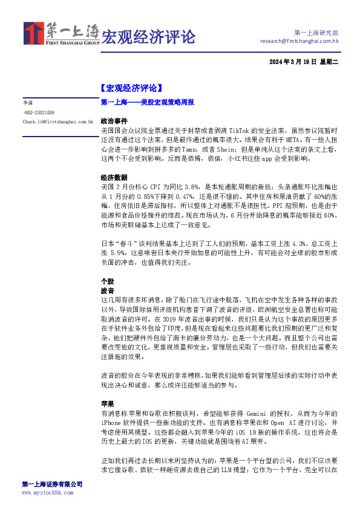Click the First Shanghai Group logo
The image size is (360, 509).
click(x=61, y=35)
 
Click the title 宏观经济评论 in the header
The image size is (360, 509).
click(x=148, y=37)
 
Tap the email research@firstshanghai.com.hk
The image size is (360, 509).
click(x=299, y=41)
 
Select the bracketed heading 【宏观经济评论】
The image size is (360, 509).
click(x=131, y=88)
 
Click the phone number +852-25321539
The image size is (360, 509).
click(x=38, y=112)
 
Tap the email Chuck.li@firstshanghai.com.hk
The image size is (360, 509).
click(x=57, y=122)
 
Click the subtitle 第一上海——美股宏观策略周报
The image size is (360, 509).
click(x=147, y=103)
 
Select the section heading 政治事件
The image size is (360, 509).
click(x=114, y=121)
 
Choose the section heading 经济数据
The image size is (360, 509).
click(x=114, y=178)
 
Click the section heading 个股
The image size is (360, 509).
click(x=107, y=281)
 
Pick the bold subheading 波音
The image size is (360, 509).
click(x=107, y=291)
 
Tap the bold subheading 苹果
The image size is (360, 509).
click(x=107, y=403)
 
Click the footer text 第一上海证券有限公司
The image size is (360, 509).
click(x=52, y=484)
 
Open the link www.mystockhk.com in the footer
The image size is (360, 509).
click(x=47, y=493)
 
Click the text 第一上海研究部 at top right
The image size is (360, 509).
click(x=316, y=32)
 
